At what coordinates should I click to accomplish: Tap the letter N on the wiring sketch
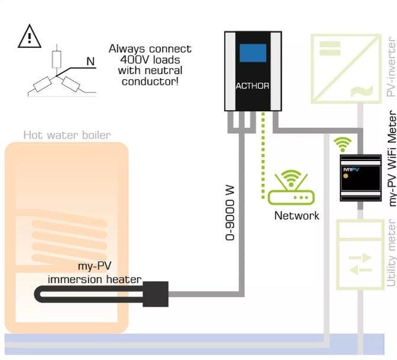point(91,61)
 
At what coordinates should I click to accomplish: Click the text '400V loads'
point(150,59)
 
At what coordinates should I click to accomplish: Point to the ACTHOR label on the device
point(253,86)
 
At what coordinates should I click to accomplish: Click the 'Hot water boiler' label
point(67,135)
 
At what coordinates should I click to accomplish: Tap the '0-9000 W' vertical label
point(230,205)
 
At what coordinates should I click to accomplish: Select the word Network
point(296,216)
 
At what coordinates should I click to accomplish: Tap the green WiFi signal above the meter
point(342,144)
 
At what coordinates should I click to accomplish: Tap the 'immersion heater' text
point(95,279)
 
